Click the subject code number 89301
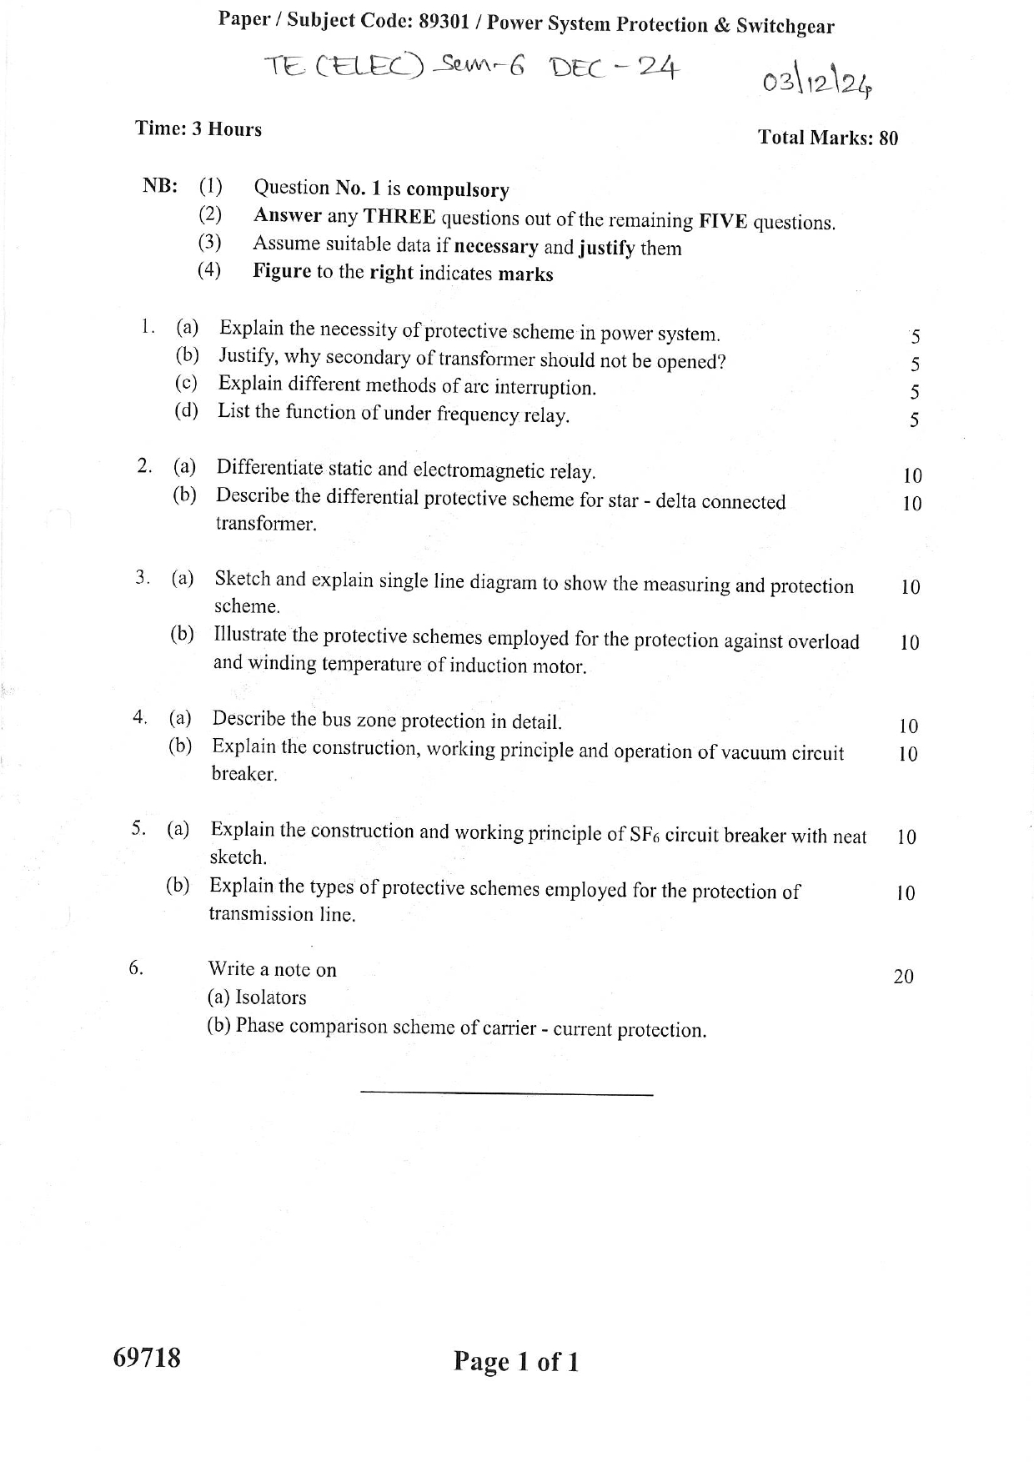pos(447,22)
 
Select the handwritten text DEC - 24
pos(613,68)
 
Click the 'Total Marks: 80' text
pos(827,138)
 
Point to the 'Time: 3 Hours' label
pos(198,129)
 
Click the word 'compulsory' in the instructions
pos(458,190)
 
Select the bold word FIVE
pos(723,221)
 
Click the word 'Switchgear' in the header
pos(785,26)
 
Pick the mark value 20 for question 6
pos(903,976)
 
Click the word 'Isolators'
pos(271,997)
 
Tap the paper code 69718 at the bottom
pos(147,1358)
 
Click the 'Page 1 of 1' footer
pos(516,1362)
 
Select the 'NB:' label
pos(159,185)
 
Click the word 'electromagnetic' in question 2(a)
pos(477,470)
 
